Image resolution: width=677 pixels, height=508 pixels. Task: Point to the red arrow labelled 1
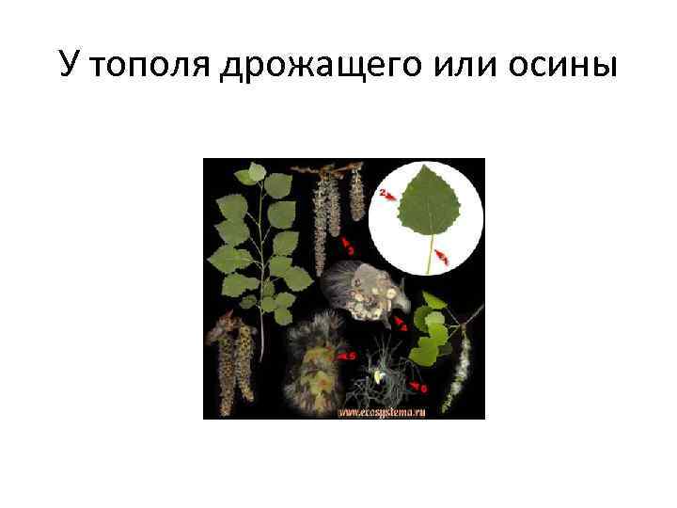(443, 255)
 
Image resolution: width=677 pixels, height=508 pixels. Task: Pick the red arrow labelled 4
(401, 325)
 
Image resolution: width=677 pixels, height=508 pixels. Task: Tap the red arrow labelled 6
(419, 385)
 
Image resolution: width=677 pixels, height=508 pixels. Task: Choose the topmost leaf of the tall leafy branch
(252, 174)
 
